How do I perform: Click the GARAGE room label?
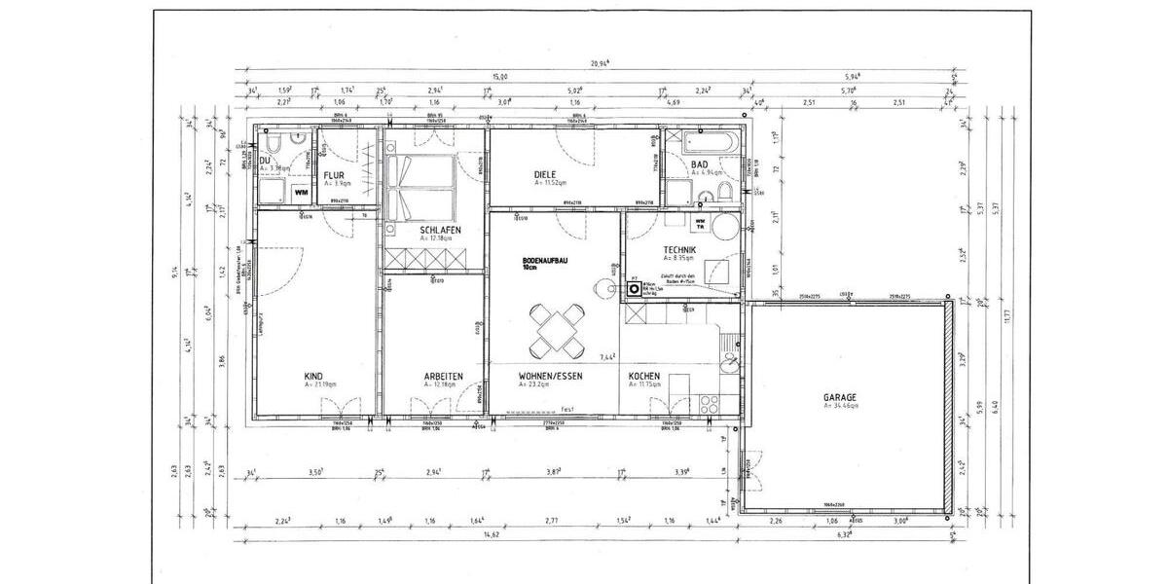(x=839, y=397)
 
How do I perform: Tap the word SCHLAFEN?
(x=440, y=230)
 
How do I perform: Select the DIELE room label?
(x=545, y=175)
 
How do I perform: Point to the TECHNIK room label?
(x=679, y=250)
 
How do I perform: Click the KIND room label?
(x=313, y=376)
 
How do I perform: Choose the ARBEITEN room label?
(x=443, y=376)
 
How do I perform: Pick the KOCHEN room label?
(x=644, y=376)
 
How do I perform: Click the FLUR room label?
(x=334, y=175)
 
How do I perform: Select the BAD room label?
(x=699, y=164)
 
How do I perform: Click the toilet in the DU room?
(x=269, y=146)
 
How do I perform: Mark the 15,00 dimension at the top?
(x=500, y=77)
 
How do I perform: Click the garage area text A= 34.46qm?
(x=841, y=406)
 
